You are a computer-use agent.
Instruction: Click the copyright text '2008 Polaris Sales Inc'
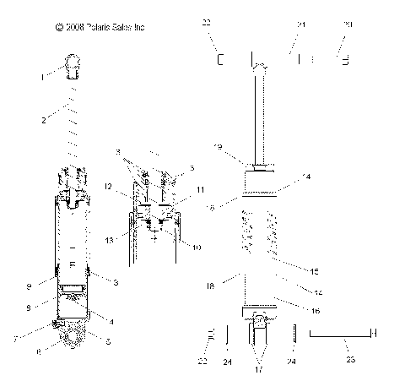tap(100, 28)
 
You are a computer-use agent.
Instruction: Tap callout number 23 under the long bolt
tap(352, 359)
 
